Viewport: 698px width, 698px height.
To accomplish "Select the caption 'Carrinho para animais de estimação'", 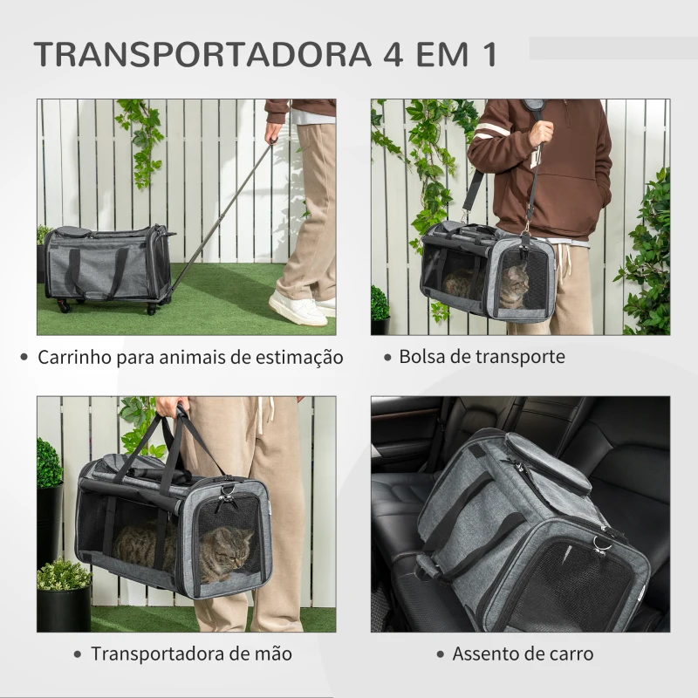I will point(190,358).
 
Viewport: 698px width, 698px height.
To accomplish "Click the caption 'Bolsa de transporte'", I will point(482,357).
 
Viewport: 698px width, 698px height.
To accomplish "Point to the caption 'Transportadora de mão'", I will point(191,654).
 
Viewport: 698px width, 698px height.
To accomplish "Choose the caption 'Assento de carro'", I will point(523,654).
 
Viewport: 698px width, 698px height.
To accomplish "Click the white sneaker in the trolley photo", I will point(298,308).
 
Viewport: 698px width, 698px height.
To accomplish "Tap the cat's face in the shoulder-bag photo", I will point(516,284).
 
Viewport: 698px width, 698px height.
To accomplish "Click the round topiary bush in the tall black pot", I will point(49,463).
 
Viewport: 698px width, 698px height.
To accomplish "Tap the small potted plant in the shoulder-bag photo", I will point(380,305).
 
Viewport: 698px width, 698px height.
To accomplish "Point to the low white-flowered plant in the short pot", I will point(63,575).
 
